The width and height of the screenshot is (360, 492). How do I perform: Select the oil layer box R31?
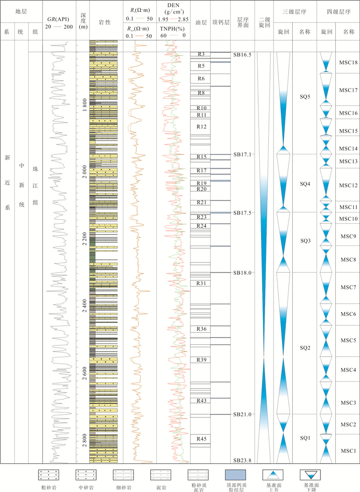(202, 283)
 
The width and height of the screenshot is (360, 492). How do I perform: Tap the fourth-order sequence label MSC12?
(348, 185)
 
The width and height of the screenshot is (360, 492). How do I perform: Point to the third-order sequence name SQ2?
(305, 348)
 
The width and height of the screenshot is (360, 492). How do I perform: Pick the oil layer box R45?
(202, 439)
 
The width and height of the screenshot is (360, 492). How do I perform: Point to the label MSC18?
(348, 62)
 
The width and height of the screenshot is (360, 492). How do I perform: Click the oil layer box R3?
(202, 54)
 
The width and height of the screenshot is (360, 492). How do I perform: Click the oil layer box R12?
(202, 127)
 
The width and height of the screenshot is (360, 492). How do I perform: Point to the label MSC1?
(348, 451)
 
